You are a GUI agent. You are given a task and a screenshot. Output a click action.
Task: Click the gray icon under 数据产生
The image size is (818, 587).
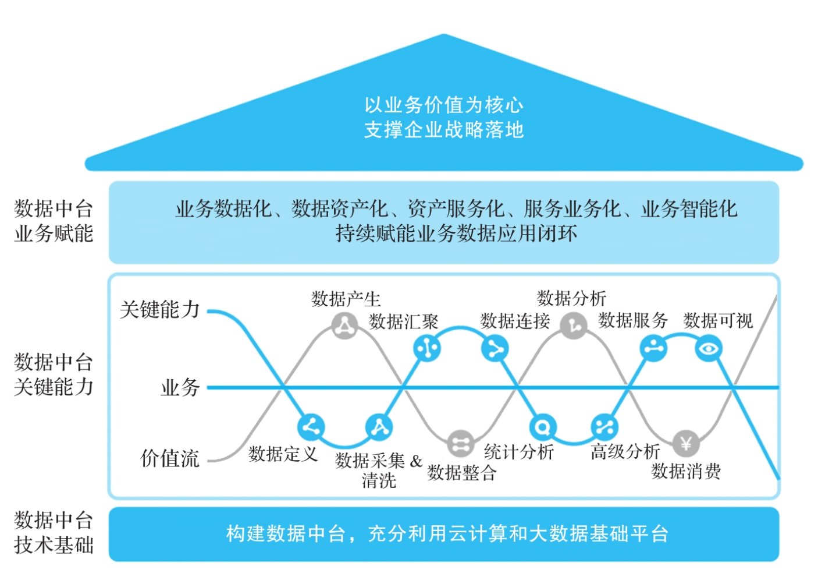[x=345, y=326]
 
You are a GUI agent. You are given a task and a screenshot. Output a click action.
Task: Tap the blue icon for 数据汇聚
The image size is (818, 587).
[x=427, y=348]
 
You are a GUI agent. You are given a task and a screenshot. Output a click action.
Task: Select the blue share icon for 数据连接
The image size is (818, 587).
[x=495, y=349]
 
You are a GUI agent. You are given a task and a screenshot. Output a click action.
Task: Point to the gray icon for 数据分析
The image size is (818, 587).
[x=574, y=325]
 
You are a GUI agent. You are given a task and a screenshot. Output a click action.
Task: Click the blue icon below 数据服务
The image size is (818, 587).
[x=653, y=348]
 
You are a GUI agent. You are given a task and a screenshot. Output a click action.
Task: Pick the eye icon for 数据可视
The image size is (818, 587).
[x=709, y=349]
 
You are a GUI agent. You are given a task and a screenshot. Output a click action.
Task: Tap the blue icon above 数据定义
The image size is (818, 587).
[x=311, y=427]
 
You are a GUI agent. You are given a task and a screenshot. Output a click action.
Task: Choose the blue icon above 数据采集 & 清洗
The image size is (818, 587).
[x=379, y=427]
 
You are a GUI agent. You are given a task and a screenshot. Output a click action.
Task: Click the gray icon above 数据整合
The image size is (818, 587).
[x=460, y=444]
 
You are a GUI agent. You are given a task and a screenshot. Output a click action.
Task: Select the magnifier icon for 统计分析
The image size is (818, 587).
[x=542, y=427]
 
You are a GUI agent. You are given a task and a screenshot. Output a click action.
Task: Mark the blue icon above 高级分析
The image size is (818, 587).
[x=604, y=427]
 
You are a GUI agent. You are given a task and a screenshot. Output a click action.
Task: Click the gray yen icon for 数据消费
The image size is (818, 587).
[x=686, y=444]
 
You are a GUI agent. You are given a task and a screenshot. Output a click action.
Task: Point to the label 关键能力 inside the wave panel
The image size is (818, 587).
[x=160, y=309]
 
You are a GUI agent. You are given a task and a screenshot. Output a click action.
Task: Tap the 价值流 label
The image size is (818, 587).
[x=170, y=458]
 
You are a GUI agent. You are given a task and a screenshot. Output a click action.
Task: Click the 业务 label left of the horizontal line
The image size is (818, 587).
[x=180, y=387]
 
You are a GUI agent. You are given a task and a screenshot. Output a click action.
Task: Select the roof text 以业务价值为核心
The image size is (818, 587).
[x=444, y=105]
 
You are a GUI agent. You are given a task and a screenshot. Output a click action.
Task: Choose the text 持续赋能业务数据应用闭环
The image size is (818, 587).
[x=456, y=234]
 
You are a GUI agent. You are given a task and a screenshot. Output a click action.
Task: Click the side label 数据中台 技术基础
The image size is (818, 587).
[x=54, y=532]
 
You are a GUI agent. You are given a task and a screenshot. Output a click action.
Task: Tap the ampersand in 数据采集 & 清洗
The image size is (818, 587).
[x=416, y=461]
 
